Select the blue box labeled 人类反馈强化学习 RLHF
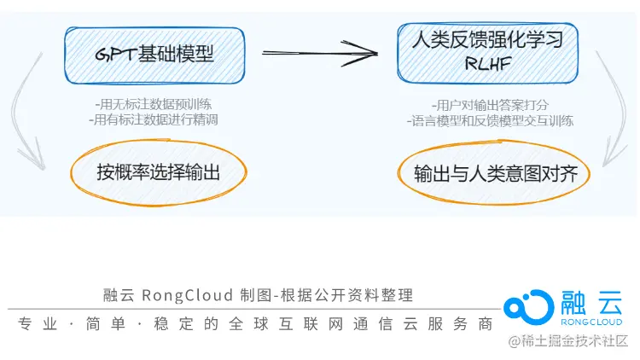487,51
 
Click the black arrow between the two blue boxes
320,54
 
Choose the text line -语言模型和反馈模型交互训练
489,121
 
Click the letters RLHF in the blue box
487,64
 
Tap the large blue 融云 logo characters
593,301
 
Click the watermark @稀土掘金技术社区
567,342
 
